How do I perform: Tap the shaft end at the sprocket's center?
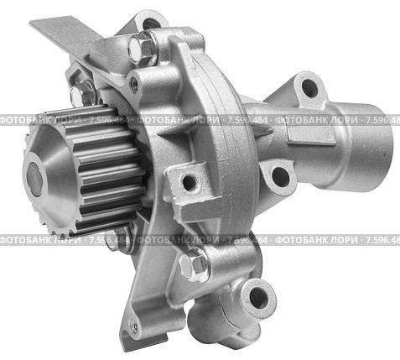click(x=34, y=178)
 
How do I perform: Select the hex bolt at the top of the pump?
click(x=143, y=50)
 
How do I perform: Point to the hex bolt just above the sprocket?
click(x=81, y=94)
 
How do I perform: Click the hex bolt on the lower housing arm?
click(x=194, y=266)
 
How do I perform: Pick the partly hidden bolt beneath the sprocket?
click(x=119, y=238)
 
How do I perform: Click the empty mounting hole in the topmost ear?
click(x=151, y=23)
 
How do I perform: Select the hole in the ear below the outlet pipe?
click(x=280, y=177)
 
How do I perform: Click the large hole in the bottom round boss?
click(x=258, y=297)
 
